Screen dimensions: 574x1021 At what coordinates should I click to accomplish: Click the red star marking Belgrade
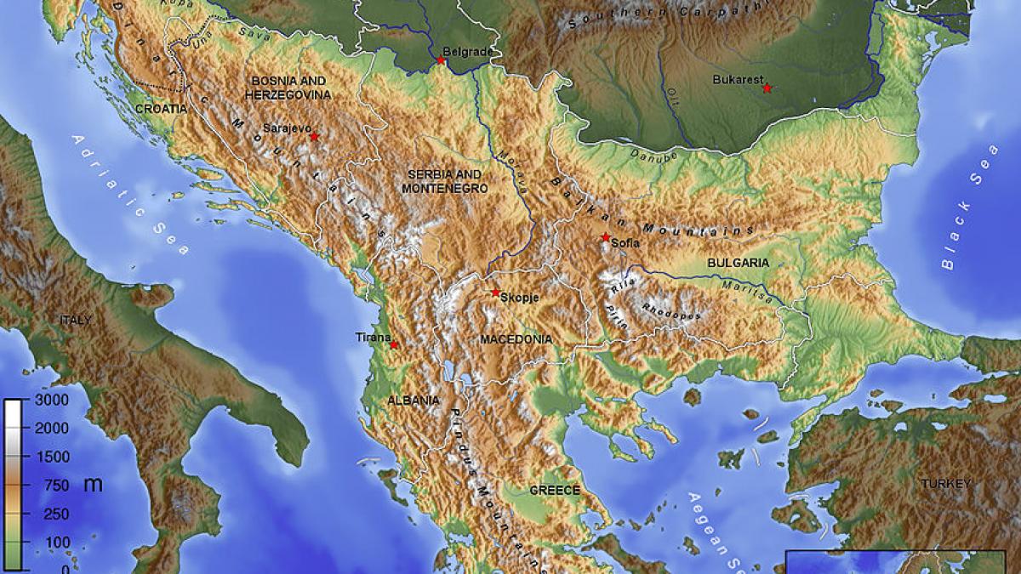(x=441, y=60)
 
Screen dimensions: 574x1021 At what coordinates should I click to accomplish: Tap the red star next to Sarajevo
(x=314, y=137)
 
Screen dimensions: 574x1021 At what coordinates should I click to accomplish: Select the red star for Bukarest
(x=767, y=88)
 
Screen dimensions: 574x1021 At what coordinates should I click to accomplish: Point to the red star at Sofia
(x=605, y=237)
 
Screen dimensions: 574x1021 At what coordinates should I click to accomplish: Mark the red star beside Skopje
(x=495, y=293)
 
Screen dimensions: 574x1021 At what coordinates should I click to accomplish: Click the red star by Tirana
(x=393, y=344)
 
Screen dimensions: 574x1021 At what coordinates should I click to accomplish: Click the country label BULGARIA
(x=738, y=263)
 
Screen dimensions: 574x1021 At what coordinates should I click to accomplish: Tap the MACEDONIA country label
(x=516, y=339)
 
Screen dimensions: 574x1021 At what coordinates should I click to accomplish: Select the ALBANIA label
(x=414, y=400)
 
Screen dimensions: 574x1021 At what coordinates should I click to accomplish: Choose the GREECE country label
(x=555, y=491)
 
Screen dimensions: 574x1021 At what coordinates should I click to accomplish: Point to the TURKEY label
(x=944, y=484)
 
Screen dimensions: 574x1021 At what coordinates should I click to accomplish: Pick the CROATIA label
(x=161, y=109)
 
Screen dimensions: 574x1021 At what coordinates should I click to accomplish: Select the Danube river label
(x=655, y=156)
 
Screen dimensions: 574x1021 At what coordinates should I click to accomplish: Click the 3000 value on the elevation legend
(x=52, y=400)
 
